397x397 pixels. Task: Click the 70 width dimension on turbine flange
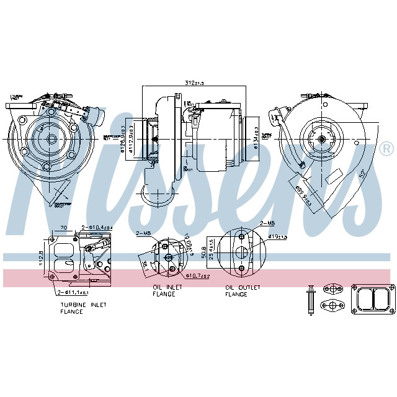point(63,228)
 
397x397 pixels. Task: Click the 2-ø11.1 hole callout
point(74,292)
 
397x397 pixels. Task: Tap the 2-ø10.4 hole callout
point(96,228)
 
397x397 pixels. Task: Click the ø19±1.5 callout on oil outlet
point(279,236)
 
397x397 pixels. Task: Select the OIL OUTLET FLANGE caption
point(243,290)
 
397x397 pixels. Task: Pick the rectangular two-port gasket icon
point(372,301)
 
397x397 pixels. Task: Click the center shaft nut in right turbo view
point(323,140)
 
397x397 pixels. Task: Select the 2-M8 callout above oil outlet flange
point(268,223)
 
